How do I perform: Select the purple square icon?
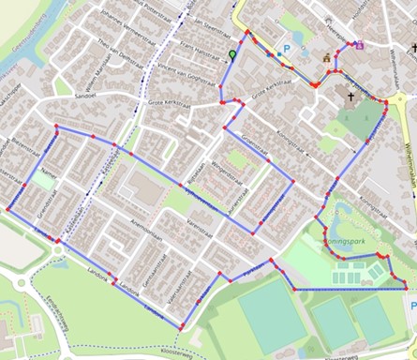(360, 43)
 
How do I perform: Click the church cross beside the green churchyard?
(353, 96)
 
